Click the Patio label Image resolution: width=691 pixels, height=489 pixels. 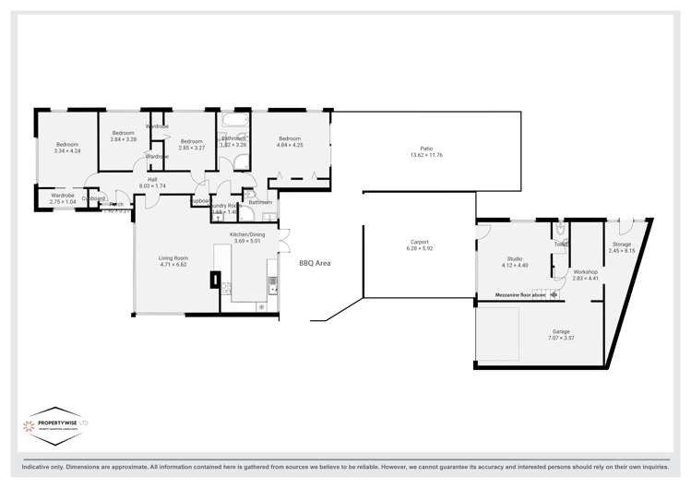click(x=426, y=149)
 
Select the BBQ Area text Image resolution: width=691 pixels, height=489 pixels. click(x=315, y=263)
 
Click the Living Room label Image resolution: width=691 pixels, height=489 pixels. click(x=173, y=257)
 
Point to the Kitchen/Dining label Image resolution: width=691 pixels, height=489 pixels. click(x=247, y=234)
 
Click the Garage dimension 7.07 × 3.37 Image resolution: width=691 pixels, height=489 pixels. click(x=561, y=338)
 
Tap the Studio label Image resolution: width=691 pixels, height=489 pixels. click(x=514, y=258)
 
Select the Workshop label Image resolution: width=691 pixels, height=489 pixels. click(x=585, y=272)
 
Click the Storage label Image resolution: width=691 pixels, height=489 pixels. click(x=622, y=244)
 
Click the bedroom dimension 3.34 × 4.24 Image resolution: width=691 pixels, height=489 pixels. click(x=67, y=150)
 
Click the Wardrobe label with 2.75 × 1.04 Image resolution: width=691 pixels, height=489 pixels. click(x=62, y=196)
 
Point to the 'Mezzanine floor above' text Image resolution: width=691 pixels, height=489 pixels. click(x=520, y=295)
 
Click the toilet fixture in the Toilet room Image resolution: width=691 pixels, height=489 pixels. click(x=561, y=229)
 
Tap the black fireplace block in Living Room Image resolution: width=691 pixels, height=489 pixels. click(x=215, y=279)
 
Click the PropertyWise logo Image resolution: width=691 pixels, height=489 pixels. click(x=55, y=425)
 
